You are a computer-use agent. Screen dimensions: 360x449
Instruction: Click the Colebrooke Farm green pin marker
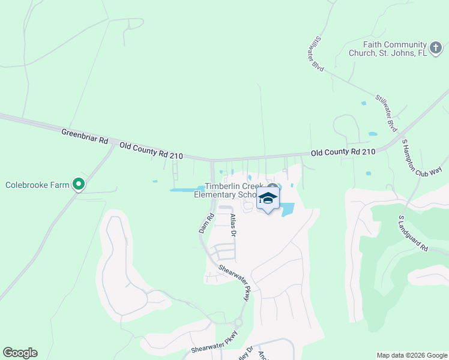pos(78,184)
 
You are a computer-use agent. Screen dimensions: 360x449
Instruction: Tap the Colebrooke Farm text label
pos(38,185)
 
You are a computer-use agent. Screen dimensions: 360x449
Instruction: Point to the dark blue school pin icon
pos(268,200)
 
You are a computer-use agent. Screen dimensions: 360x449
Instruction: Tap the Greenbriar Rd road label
pos(84,136)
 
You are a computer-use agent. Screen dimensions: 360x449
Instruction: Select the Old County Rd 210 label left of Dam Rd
pos(151,151)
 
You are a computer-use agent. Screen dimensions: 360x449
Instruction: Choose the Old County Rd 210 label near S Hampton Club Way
pos(343,152)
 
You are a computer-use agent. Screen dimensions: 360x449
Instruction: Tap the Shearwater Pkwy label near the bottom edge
pos(215,342)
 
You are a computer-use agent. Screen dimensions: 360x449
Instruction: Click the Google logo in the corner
pos(20,353)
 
